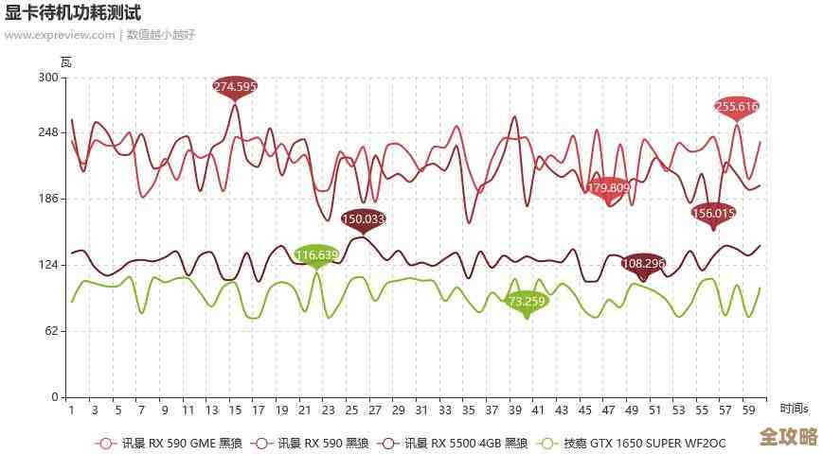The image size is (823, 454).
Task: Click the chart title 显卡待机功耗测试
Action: pos(73,12)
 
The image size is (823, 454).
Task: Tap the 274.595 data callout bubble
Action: pos(235,87)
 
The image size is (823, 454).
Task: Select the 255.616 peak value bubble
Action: pos(737,107)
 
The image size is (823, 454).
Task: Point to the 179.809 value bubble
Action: pos(609,188)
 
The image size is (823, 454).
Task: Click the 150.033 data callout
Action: pos(364,218)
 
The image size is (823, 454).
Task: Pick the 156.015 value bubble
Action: pos(714,214)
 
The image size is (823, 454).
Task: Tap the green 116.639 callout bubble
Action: pos(316,254)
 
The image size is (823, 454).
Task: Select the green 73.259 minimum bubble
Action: pos(527,302)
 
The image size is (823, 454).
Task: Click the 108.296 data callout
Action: pos(644,263)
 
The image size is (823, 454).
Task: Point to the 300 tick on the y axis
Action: pos(48,79)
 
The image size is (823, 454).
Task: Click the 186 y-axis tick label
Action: pos(48,199)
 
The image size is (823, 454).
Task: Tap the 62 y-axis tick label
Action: pos(51,331)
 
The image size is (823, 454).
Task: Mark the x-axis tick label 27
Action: pos(375,410)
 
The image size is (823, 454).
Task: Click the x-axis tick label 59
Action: pos(749,410)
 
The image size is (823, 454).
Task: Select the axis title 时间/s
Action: pos(795,409)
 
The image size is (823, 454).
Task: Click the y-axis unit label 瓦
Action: pos(65,62)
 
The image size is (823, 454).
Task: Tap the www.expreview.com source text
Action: pos(60,35)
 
